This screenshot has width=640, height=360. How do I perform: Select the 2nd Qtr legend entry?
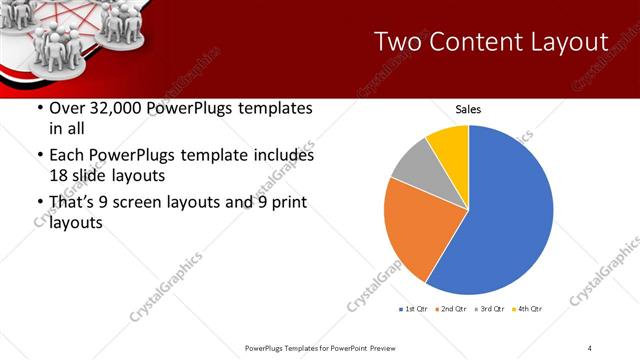(452, 309)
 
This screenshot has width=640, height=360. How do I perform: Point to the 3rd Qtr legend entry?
(490, 309)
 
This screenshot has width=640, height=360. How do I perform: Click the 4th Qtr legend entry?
(528, 309)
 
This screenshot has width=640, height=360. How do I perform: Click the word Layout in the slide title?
(570, 42)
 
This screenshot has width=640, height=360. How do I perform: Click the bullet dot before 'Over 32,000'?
(39, 109)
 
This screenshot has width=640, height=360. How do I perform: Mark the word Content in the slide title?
(478, 42)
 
